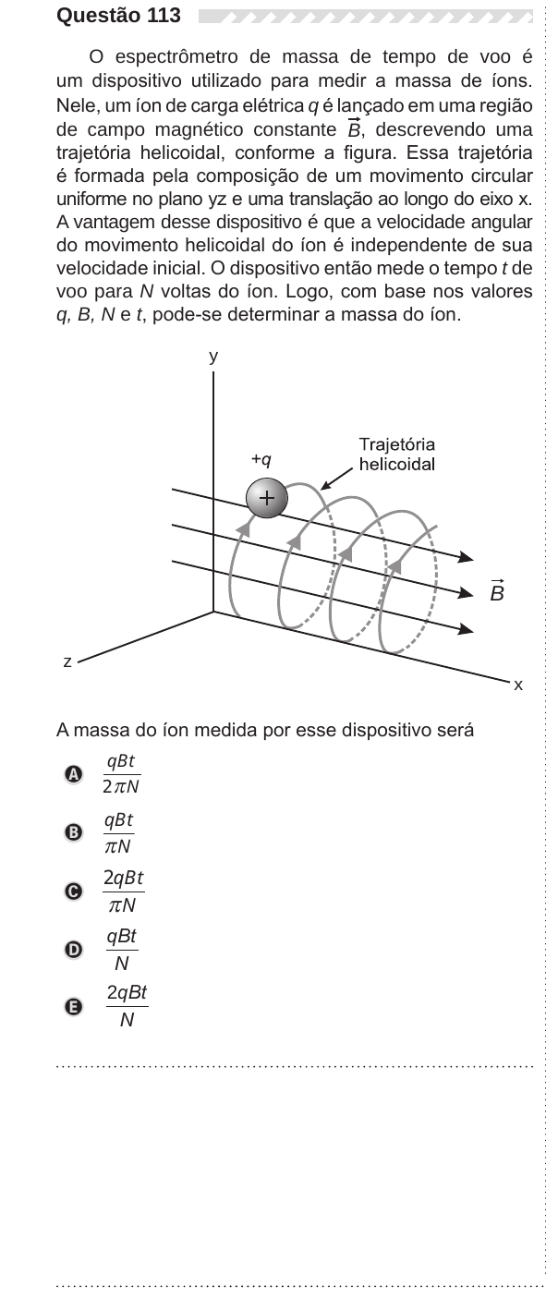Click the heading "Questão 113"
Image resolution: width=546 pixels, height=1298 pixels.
tap(118, 16)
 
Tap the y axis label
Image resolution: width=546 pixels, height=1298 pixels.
tap(214, 357)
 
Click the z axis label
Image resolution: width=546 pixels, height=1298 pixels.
tap(67, 661)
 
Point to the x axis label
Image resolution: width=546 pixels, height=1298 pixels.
tap(518, 685)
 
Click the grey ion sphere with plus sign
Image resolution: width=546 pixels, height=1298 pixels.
tap(267, 498)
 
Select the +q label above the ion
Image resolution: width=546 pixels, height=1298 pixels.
tap(261, 460)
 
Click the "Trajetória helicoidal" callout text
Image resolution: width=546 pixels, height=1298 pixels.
tap(397, 455)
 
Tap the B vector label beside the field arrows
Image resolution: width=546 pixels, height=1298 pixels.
tap(497, 590)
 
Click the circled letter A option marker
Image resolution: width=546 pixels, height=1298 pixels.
tap(73, 775)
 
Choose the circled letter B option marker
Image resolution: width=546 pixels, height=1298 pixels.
tap(73, 832)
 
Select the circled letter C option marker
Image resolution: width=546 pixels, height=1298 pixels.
tap(73, 892)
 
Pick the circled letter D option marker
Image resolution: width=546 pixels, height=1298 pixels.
tap(73, 950)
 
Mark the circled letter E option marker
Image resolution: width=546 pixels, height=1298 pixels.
tap(73, 1007)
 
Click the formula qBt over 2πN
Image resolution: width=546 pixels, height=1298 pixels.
tap(122, 774)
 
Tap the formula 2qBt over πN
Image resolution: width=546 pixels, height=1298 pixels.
tap(124, 892)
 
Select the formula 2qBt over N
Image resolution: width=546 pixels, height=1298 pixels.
tap(127, 1006)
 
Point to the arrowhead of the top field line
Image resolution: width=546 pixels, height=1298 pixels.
tap(467, 557)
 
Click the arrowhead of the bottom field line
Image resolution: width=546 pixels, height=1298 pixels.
tap(467, 629)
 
